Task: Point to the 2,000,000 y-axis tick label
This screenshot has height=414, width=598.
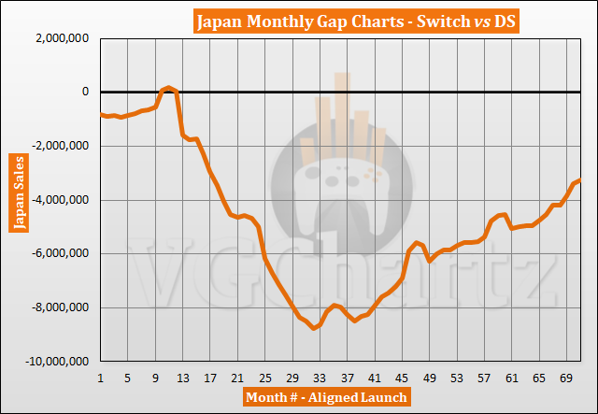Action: coord(61,38)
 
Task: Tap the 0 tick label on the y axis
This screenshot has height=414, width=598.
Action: coord(85,92)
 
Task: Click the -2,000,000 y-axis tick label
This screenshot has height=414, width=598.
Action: coord(59,146)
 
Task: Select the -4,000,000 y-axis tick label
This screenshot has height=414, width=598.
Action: coord(59,200)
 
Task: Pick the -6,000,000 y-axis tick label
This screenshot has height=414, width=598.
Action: coord(59,253)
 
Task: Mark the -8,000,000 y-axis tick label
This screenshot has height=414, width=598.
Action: coord(59,307)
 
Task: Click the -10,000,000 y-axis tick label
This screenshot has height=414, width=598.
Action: coord(56,362)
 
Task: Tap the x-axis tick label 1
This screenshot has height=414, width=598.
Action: coord(100,378)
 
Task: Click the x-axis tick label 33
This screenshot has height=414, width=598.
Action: coord(320,378)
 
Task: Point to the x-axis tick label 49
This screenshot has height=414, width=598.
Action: coord(429,378)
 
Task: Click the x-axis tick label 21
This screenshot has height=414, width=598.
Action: coord(237,378)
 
